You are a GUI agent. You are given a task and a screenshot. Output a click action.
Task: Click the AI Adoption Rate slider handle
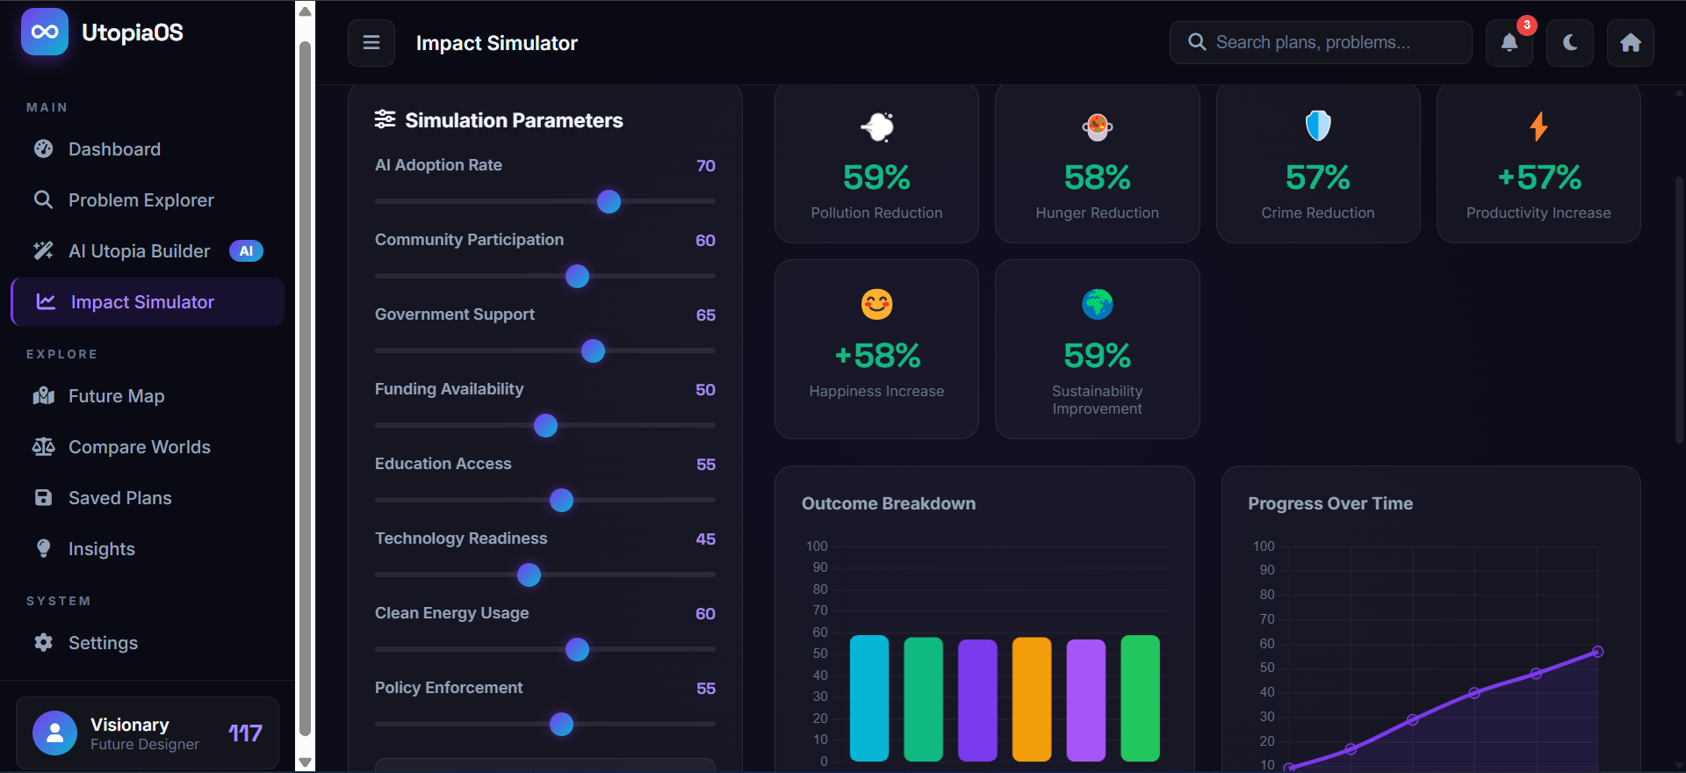coord(609,201)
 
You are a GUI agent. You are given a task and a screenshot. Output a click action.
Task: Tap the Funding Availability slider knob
coord(545,425)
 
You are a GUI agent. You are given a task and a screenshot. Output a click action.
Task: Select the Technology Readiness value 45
coord(705,538)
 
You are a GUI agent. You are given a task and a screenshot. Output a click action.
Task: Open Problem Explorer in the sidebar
coord(140,200)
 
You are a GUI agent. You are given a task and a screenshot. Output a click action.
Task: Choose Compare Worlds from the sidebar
coord(139,447)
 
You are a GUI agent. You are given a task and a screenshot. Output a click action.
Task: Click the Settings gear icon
coord(43,643)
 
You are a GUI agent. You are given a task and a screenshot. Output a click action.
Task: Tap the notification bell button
coord(1509,43)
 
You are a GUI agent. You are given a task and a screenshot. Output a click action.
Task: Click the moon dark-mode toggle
coord(1570,43)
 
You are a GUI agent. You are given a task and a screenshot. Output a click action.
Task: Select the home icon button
coord(1631,43)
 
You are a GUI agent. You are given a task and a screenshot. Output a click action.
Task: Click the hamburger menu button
coord(371,43)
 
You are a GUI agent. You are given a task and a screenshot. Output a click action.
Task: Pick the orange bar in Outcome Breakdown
coord(1032,698)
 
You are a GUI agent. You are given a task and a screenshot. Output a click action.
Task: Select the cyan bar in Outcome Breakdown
coord(869,697)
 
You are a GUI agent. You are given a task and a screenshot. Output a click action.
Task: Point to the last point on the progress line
coord(1598,652)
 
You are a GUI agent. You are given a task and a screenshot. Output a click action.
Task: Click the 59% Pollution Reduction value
coord(876,177)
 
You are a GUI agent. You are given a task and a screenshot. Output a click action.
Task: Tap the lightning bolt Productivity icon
coord(1538,126)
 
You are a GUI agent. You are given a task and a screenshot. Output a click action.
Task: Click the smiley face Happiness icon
coord(876,305)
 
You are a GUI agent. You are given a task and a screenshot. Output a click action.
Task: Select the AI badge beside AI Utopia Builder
coord(246,251)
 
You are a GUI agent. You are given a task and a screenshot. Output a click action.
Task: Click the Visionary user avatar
coord(54,733)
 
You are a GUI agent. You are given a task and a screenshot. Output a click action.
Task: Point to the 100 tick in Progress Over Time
coord(1264,546)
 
